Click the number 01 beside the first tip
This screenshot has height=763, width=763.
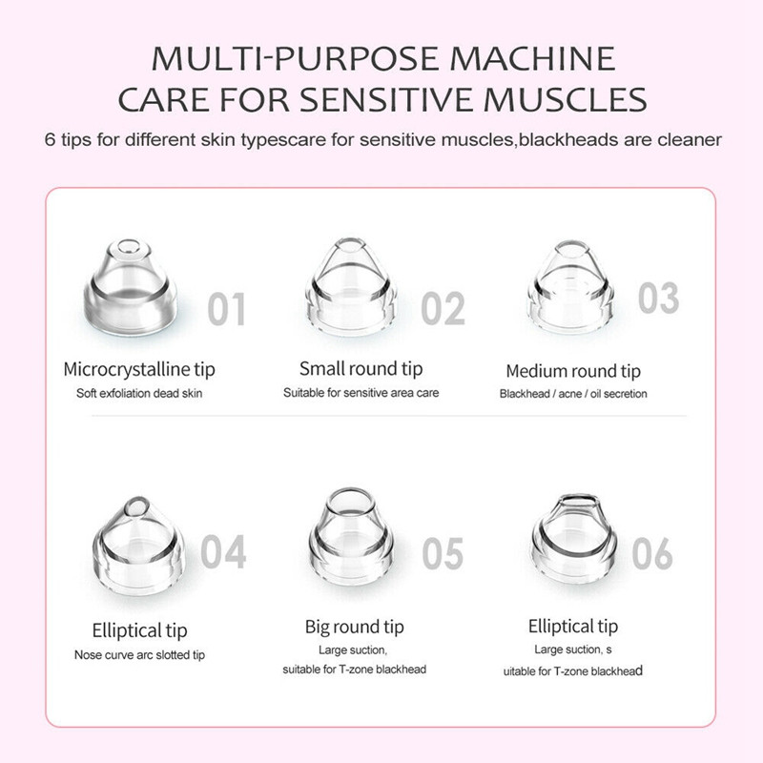226,309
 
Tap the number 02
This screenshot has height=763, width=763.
443,308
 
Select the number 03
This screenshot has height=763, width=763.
658,298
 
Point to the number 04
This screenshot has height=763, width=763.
223,551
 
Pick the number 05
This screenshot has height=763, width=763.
443,554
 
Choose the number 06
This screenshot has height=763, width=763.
652,554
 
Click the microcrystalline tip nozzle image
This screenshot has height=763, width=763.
131,288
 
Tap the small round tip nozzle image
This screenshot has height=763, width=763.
351,287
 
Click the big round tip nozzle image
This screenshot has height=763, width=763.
350,536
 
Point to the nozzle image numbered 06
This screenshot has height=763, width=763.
574,538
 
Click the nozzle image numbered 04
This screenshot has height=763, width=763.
138,546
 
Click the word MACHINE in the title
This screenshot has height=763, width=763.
532,59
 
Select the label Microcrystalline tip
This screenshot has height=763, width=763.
139,369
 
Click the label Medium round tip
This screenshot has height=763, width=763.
573,371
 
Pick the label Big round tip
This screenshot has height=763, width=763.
354,628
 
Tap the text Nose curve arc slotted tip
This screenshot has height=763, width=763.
139,655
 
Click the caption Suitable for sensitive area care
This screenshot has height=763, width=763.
361,393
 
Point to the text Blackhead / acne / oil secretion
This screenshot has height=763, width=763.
573,394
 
